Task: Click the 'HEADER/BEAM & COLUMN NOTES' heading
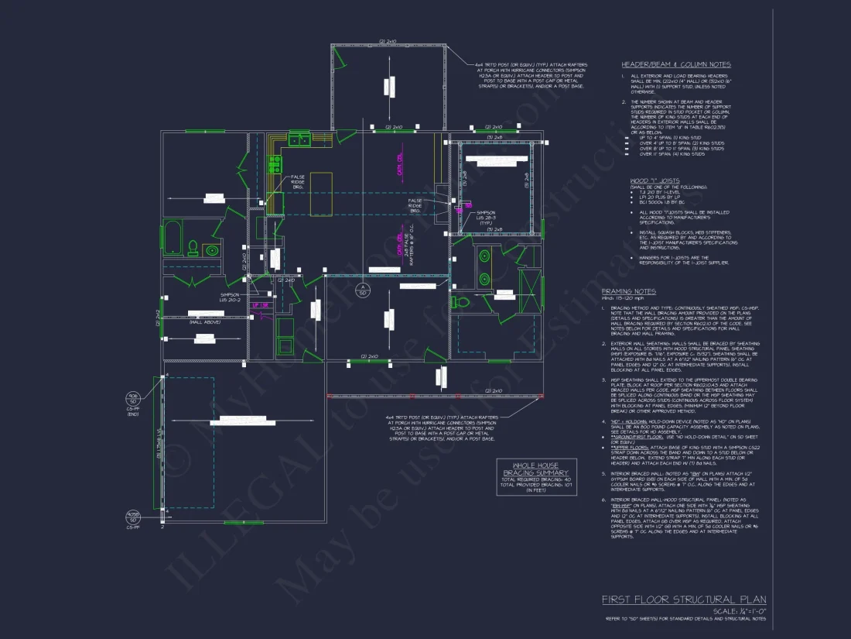pos(675,64)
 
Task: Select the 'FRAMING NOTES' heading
pos(628,291)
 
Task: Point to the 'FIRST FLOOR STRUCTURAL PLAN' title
pos(684,599)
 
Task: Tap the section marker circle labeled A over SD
pos(361,290)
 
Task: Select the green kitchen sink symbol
pos(299,139)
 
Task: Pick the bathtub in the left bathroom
pos(172,238)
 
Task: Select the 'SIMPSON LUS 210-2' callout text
pos(230,297)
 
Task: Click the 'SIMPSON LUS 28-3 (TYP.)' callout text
pos(485,216)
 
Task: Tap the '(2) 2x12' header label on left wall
pos(158,317)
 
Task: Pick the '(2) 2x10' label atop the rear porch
pos(387,41)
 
